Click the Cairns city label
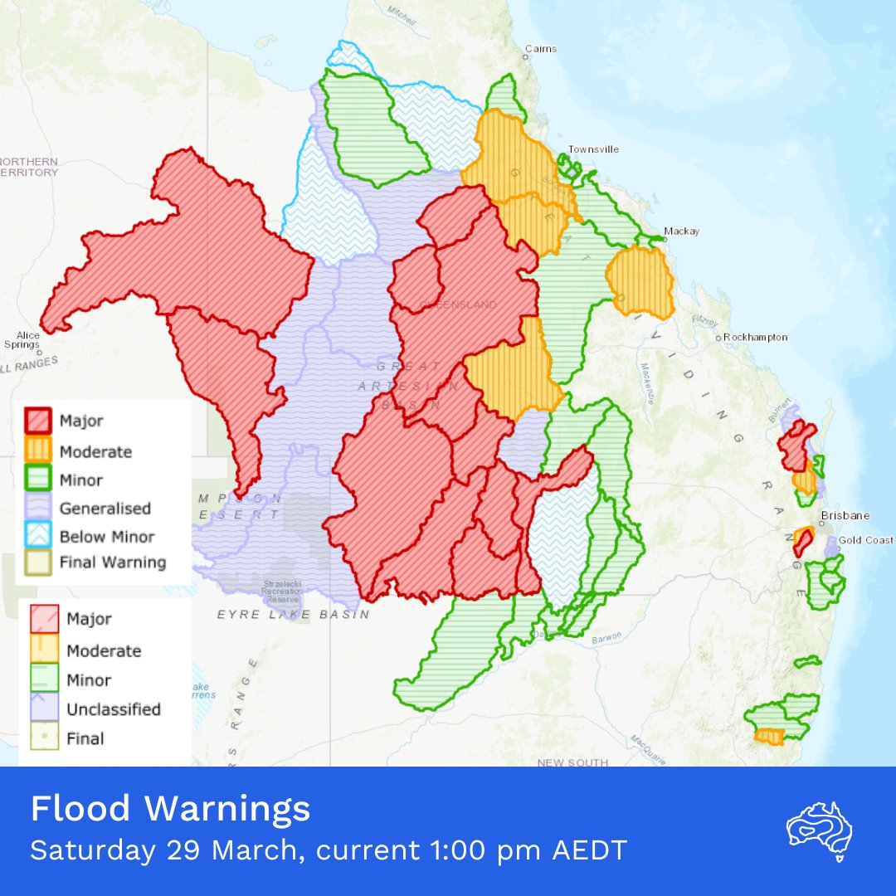tap(540, 49)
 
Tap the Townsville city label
tap(592, 149)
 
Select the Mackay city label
tap(681, 231)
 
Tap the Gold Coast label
tap(866, 540)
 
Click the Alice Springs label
tap(22, 339)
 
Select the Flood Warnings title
tap(170, 809)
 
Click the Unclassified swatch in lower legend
tap(43, 709)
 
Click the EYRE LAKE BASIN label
tap(293, 615)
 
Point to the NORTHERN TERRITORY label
tap(28, 166)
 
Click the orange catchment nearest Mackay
tap(640, 282)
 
